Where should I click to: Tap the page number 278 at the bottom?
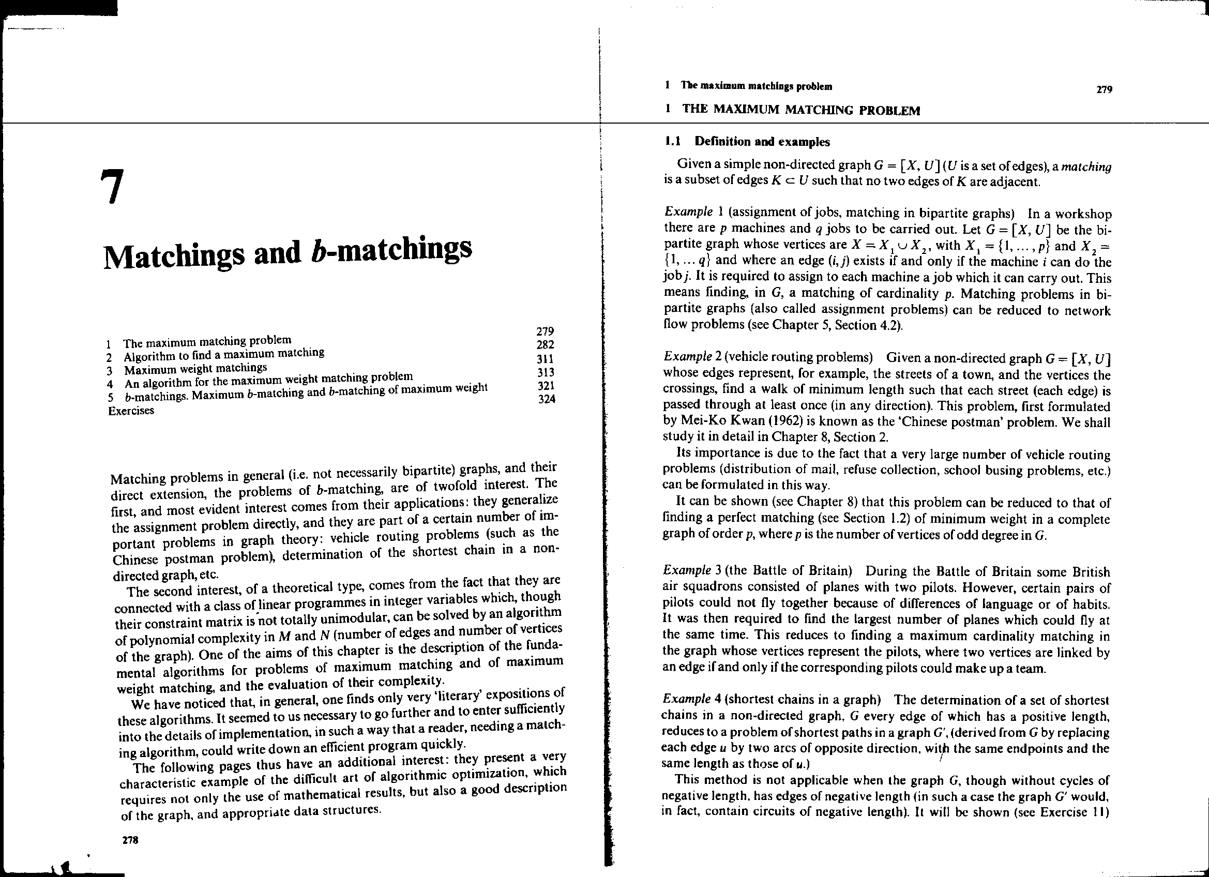coord(130,841)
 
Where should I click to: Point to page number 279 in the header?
coord(1104,89)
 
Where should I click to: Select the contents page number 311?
coord(547,358)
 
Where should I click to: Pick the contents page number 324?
coord(547,399)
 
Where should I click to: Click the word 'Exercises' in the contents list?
coord(131,411)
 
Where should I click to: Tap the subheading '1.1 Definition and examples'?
coord(747,142)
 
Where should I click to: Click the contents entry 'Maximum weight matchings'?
coord(195,369)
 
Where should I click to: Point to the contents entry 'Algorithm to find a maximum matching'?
coord(224,355)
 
